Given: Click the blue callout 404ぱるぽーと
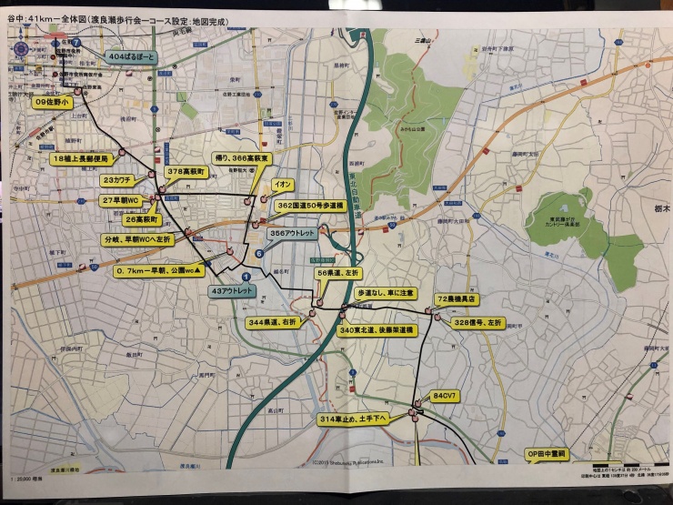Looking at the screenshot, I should pyautogui.click(x=133, y=57).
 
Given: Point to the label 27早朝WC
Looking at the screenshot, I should pyautogui.click(x=121, y=200).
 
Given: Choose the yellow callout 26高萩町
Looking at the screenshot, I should pyautogui.click(x=141, y=220).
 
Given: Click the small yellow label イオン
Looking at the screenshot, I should pyautogui.click(x=282, y=184).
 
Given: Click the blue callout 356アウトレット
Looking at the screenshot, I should pyautogui.click(x=292, y=234).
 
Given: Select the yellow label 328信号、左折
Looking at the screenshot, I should pyautogui.click(x=479, y=322).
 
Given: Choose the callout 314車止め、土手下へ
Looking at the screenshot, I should pyautogui.click(x=354, y=419).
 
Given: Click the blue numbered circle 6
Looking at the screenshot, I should pyautogui.click(x=259, y=254).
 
